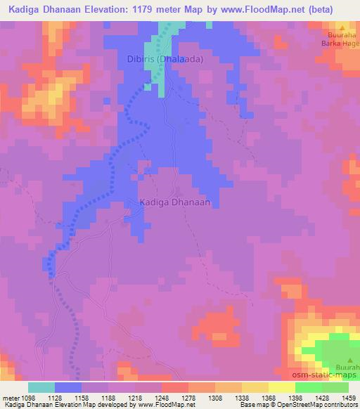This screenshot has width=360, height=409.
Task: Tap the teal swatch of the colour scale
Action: [41, 388]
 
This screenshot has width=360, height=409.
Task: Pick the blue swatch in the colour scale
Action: [68, 388]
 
